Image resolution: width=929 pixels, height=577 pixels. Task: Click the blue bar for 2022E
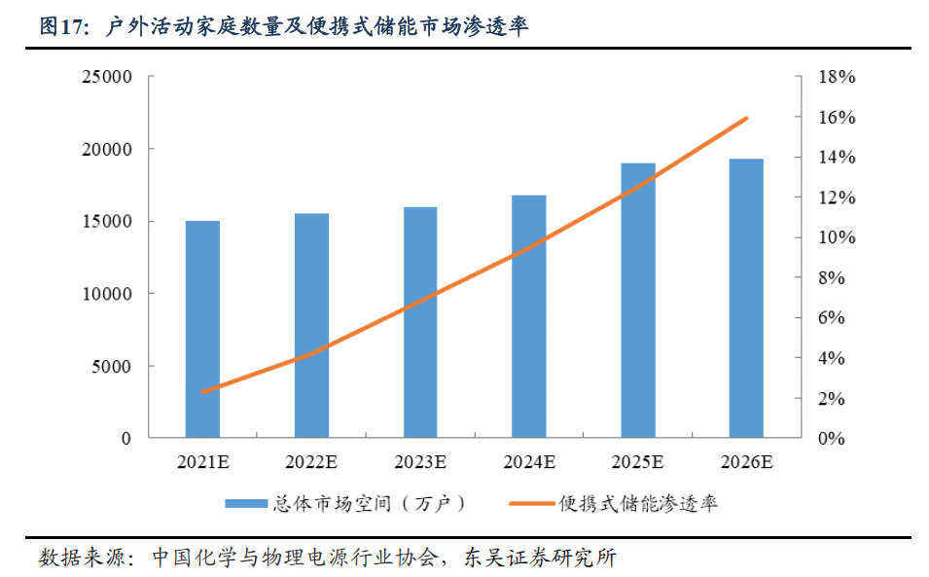click(x=311, y=325)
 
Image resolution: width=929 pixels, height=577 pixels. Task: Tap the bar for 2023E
click(x=420, y=322)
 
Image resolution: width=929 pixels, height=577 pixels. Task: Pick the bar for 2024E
click(x=529, y=316)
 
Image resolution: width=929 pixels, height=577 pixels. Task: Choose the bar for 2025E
click(x=638, y=301)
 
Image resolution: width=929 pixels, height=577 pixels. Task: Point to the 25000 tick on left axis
click(x=107, y=77)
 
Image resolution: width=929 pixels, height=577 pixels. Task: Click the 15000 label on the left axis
click(x=107, y=222)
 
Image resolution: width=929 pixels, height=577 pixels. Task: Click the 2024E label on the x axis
click(x=529, y=461)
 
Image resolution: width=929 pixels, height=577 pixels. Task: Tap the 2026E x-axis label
click(x=747, y=461)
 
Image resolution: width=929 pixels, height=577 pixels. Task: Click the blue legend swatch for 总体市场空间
click(x=245, y=503)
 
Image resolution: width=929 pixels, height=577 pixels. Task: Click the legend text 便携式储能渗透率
click(x=638, y=503)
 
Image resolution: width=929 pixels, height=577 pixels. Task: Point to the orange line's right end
click(x=746, y=119)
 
